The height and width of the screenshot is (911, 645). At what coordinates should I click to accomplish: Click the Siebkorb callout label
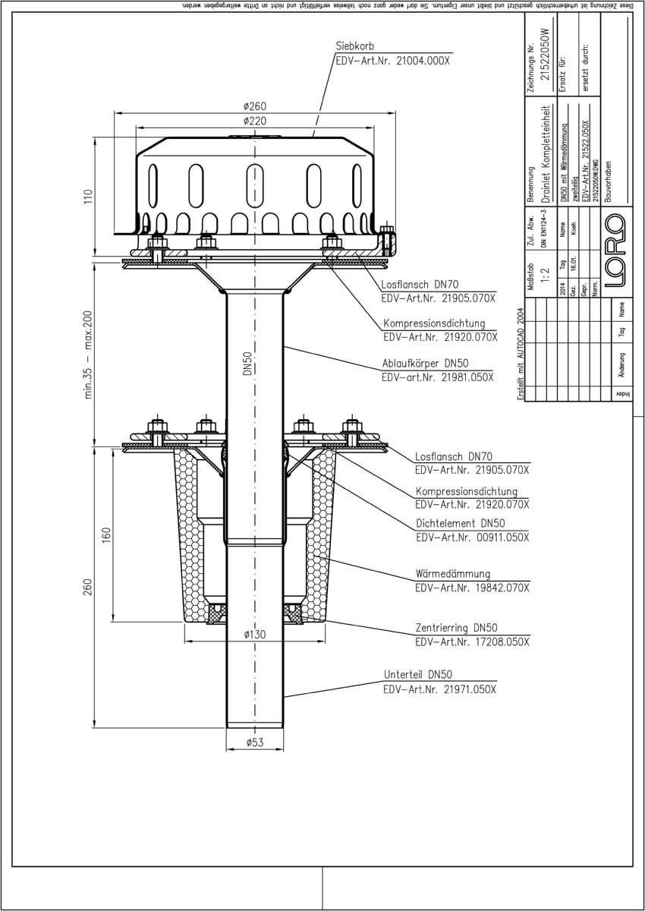[355, 46]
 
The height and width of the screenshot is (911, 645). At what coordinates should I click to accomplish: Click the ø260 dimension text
[254, 106]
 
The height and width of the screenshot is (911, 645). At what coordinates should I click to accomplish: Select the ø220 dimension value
[254, 121]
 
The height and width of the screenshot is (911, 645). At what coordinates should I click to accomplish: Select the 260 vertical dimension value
[87, 588]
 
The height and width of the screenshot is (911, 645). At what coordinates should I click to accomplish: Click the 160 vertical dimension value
[107, 534]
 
